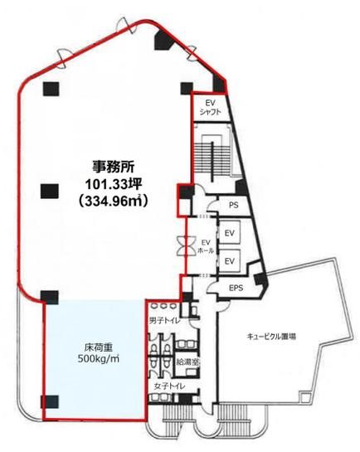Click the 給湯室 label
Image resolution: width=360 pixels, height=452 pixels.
[x=186, y=362]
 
